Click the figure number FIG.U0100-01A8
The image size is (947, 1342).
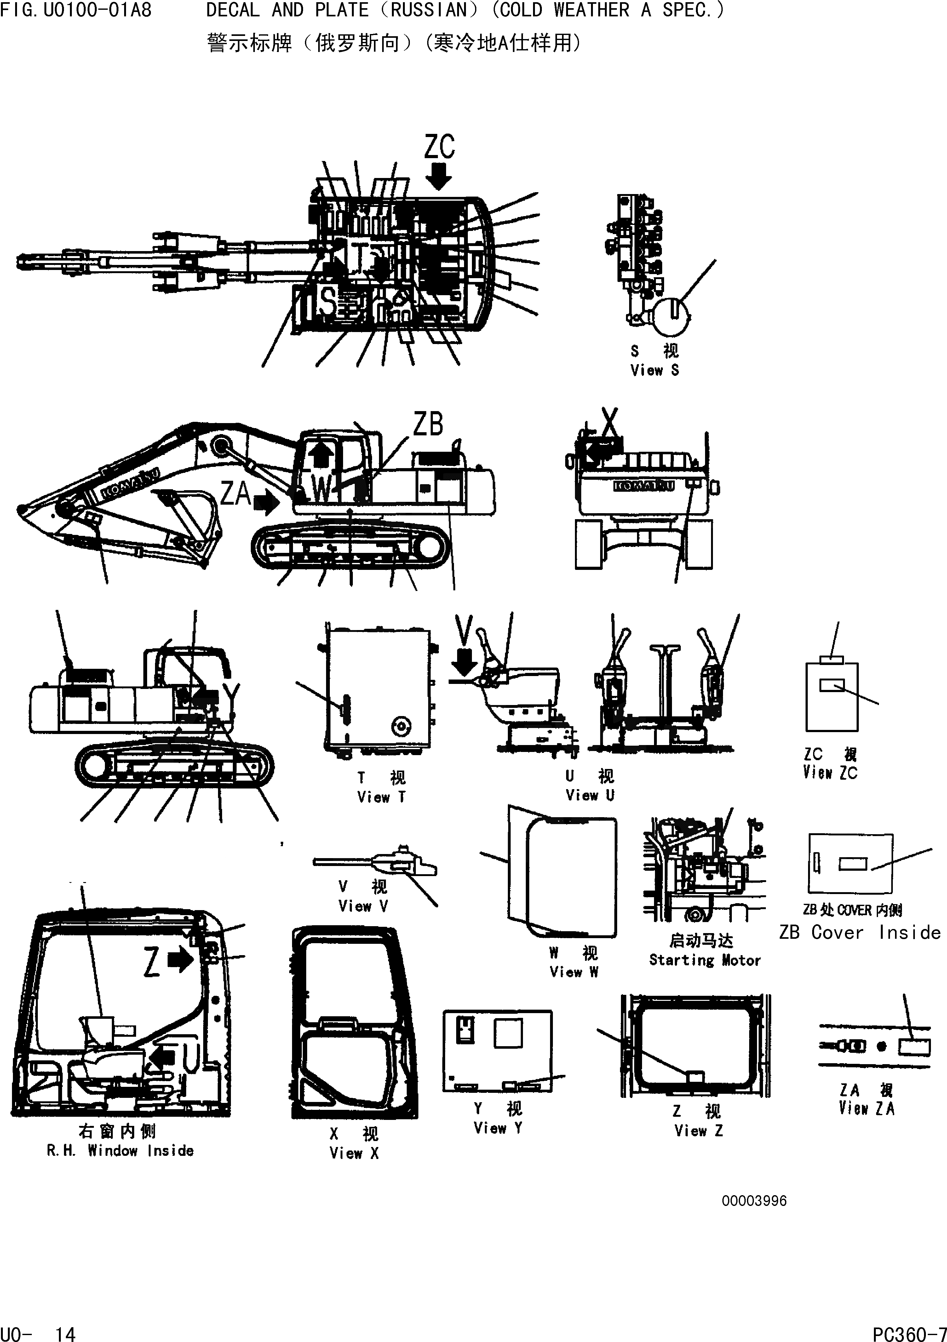click(76, 10)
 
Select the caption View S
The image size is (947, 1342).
click(655, 370)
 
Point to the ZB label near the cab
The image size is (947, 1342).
click(428, 424)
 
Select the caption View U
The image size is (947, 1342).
click(590, 795)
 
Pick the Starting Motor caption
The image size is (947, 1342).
click(705, 960)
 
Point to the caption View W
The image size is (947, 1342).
click(573, 972)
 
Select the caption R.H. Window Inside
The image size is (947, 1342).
click(120, 1150)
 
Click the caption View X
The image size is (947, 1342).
click(354, 1153)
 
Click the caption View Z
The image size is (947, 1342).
click(698, 1130)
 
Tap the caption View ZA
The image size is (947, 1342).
click(866, 1108)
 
